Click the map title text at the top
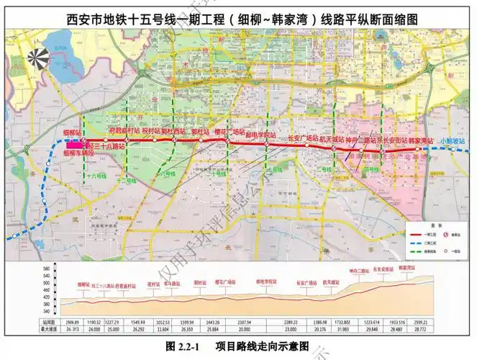[238, 20]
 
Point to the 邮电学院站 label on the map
[260, 135]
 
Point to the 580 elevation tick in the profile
[47, 269]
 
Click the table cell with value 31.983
[342, 329]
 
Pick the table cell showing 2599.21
[422, 322]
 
